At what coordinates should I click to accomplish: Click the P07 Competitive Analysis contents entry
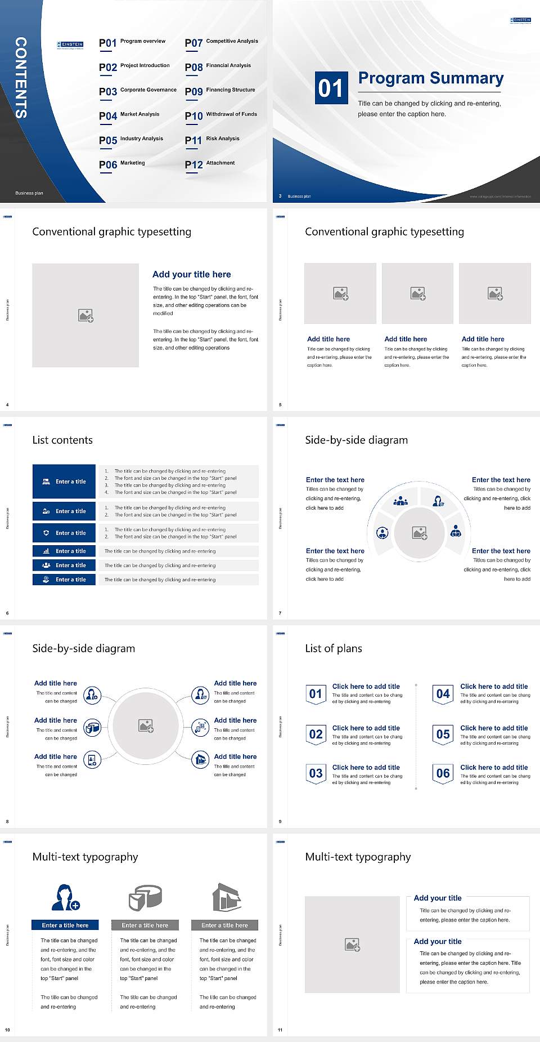[x=222, y=42]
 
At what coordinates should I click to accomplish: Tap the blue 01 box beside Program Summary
[x=331, y=88]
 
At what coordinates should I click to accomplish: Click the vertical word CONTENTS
[x=21, y=78]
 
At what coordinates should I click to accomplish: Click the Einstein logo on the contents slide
[x=70, y=44]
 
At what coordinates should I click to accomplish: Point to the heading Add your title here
[x=191, y=274]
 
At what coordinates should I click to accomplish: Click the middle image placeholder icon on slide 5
[x=417, y=293]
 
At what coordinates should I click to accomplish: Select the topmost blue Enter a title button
[x=64, y=482]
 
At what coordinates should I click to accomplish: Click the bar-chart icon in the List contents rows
[x=46, y=551]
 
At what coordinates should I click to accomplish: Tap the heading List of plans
[x=334, y=648]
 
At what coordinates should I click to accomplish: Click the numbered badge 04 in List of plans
[x=443, y=694]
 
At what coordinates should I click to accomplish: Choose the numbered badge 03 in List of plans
[x=316, y=773]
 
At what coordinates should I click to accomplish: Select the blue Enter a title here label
[x=65, y=925]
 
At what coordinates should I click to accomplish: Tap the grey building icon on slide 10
[x=227, y=897]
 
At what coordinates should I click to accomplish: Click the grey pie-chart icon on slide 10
[x=145, y=897]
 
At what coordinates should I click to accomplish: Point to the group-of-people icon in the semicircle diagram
[x=400, y=500]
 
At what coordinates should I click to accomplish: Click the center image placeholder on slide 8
[x=146, y=726]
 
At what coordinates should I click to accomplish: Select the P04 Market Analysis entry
[x=129, y=115]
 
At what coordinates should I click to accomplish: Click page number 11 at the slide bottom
[x=280, y=1030]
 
